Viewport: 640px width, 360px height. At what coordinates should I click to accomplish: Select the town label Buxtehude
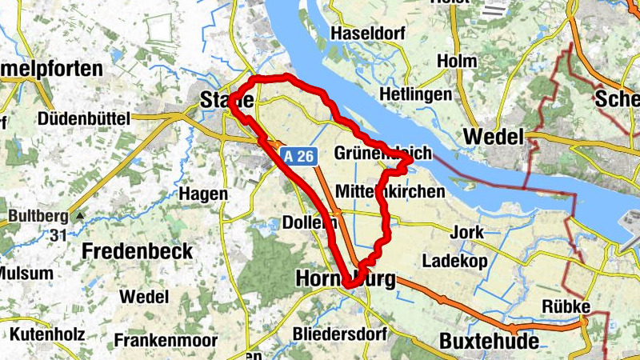[x=489, y=341]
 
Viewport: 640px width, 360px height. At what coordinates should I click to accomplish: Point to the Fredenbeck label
[x=138, y=250]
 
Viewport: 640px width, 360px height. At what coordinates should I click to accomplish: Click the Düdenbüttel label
[x=83, y=118]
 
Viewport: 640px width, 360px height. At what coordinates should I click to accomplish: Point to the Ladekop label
[x=454, y=261]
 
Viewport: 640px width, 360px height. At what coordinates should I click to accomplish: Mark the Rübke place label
[x=566, y=306]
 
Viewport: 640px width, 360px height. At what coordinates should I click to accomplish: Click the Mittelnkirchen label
[x=390, y=192]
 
